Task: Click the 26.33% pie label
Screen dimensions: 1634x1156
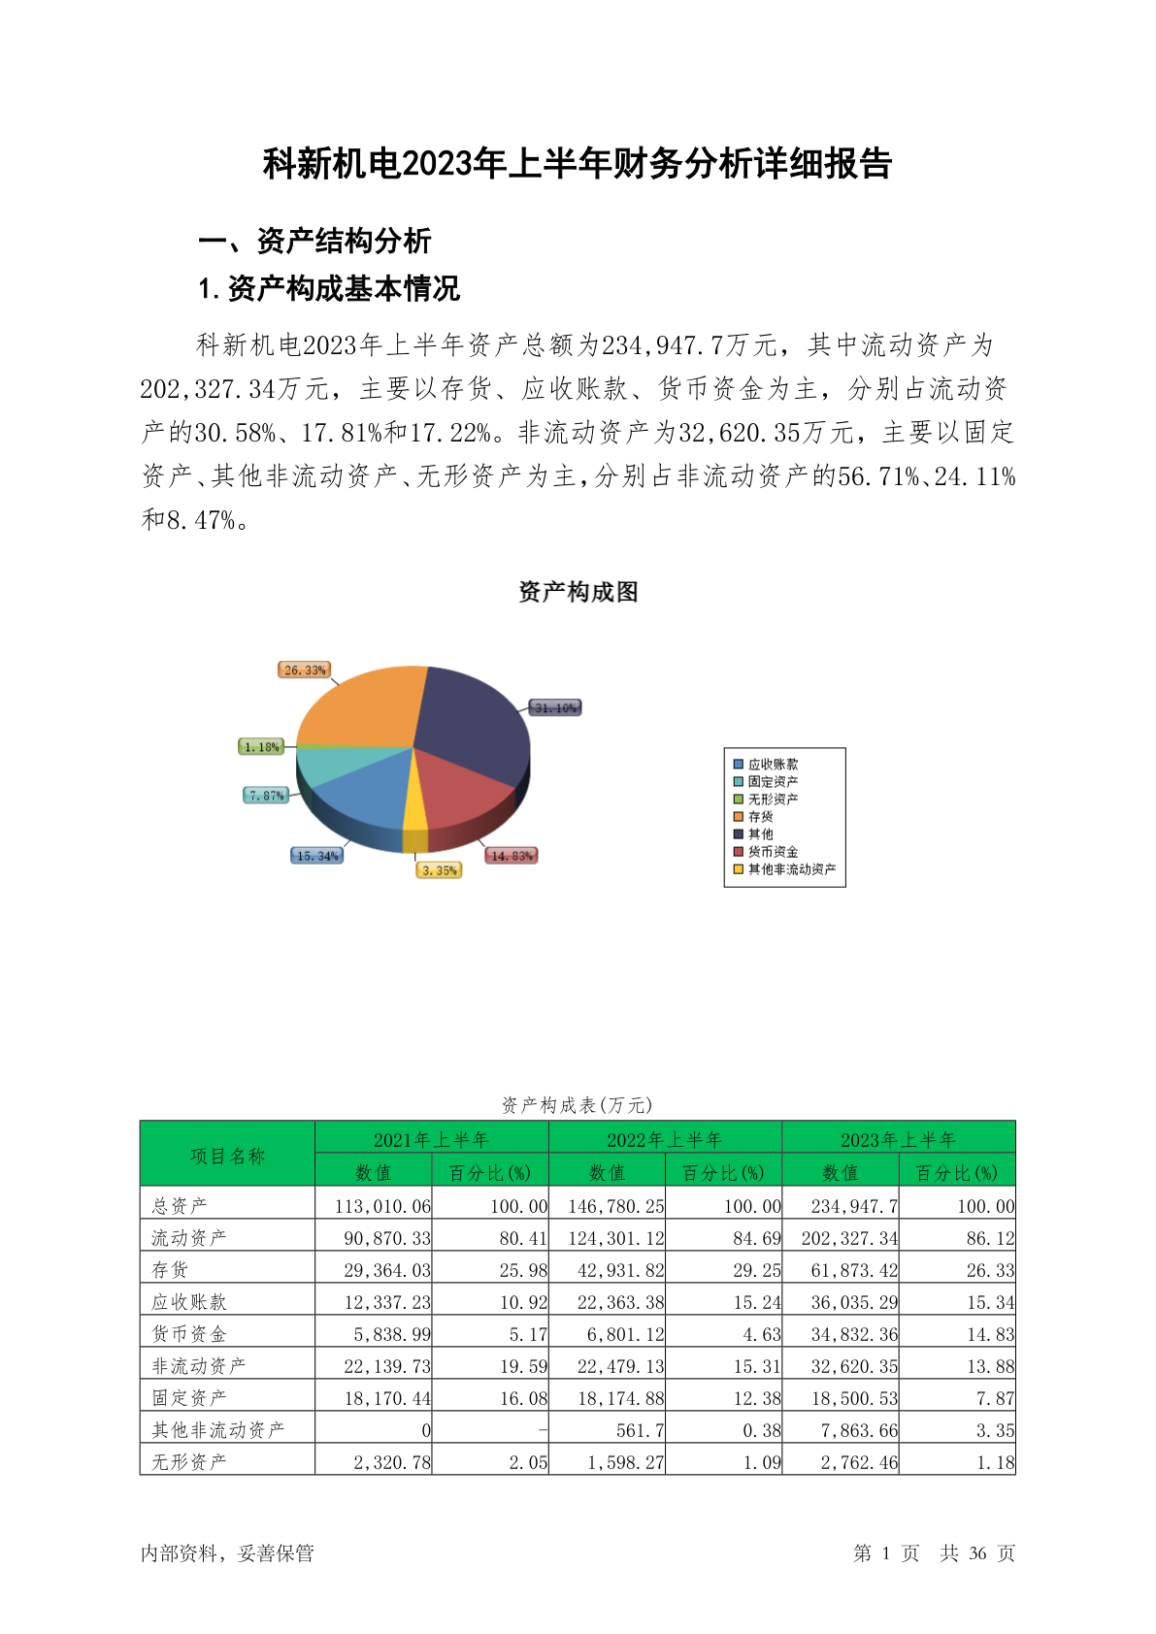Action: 305,670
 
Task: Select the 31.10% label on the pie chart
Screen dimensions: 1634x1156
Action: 555,708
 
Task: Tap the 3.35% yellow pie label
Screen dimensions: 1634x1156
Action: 439,870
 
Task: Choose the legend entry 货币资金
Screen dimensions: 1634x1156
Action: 773,852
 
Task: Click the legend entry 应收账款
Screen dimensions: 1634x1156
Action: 773,765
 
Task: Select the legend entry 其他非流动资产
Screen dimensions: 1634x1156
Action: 791,869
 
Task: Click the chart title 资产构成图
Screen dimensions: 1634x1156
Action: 578,592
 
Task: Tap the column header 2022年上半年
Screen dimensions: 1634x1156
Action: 665,1139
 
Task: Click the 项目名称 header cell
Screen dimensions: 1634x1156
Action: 227,1156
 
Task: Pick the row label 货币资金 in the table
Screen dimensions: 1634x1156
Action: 189,1334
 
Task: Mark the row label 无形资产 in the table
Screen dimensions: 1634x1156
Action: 189,1461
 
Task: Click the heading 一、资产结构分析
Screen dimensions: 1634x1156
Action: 314,241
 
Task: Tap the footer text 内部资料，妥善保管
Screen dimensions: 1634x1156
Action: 227,1553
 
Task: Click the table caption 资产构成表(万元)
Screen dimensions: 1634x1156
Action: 578,1105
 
